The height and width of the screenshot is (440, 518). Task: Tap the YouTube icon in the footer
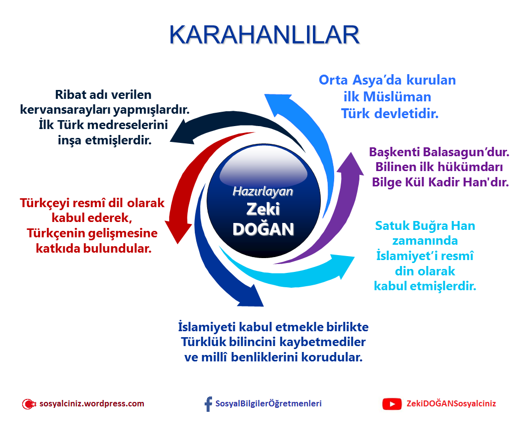click(x=391, y=404)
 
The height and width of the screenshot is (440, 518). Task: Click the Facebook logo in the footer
click(x=208, y=404)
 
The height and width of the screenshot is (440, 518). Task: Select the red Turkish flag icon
click(x=29, y=404)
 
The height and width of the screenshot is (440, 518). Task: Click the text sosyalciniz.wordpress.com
click(x=91, y=403)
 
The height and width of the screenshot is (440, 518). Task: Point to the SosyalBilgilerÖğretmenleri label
click(x=268, y=403)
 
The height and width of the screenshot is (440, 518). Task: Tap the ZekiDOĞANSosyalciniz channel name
click(x=451, y=403)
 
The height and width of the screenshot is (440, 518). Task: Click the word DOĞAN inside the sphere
click(x=263, y=229)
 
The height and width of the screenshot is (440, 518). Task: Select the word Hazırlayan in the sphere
click(x=262, y=191)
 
